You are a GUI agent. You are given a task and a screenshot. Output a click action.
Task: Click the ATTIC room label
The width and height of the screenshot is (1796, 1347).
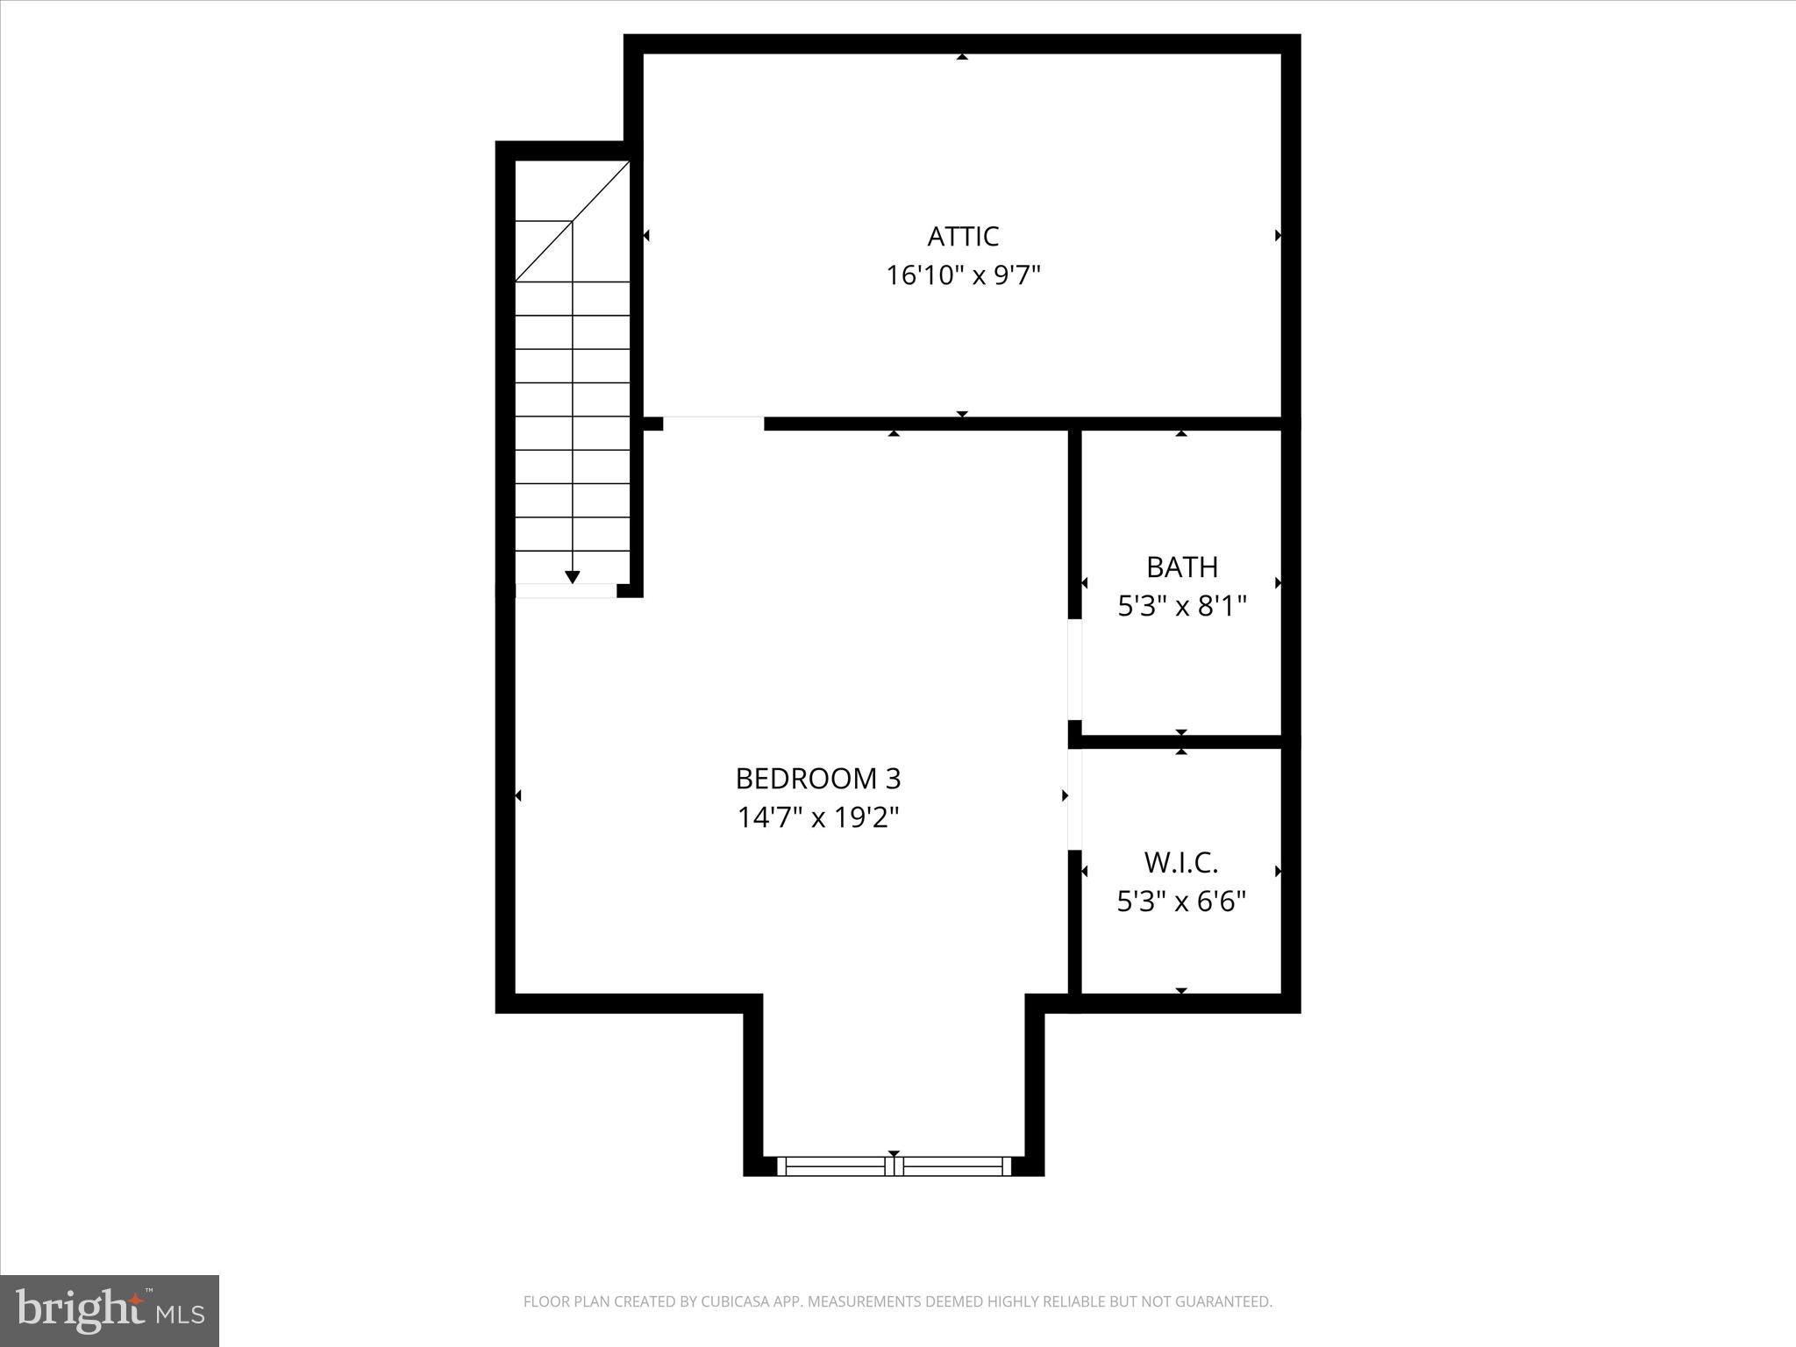963,237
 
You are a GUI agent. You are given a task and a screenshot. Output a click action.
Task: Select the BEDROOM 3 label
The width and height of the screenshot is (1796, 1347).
817,779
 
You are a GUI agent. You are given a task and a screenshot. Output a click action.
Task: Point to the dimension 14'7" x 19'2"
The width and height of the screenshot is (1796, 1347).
817,818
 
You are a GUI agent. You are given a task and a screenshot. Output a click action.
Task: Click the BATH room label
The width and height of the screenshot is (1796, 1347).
1182,567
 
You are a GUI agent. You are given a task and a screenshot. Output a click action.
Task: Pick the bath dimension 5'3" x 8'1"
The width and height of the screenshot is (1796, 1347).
1182,606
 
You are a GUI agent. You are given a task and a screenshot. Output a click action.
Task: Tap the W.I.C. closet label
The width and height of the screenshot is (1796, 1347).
1181,863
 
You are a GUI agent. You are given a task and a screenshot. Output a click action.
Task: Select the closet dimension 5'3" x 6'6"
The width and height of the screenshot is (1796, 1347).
1181,902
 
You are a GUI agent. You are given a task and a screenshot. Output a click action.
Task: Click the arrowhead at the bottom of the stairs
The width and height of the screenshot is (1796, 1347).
573,577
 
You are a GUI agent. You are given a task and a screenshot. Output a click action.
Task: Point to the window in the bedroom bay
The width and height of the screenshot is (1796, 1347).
894,1166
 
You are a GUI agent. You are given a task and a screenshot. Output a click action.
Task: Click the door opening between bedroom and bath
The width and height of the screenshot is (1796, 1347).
1074,670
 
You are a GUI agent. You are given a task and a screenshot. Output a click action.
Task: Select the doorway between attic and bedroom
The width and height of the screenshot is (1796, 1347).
713,424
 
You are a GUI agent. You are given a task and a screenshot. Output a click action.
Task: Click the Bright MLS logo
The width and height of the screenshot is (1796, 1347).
110,1310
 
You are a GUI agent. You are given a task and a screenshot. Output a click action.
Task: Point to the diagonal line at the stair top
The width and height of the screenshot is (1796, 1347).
572,222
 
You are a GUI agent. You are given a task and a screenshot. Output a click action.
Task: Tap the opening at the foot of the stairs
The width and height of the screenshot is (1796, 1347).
566,591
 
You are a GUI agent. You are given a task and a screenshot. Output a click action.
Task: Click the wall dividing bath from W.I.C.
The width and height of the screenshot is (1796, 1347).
1181,742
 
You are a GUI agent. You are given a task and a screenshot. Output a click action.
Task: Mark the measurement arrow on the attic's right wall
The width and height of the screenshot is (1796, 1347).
1278,235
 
